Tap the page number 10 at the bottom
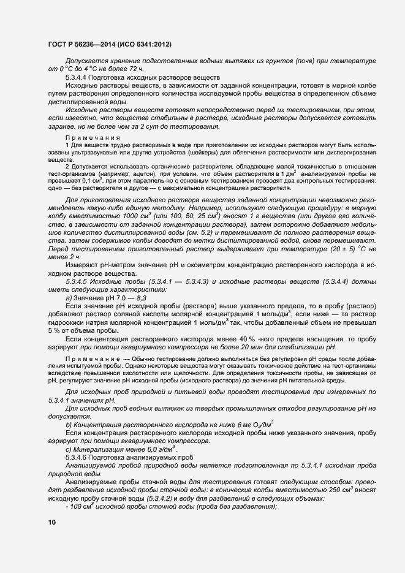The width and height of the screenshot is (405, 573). coord(51,522)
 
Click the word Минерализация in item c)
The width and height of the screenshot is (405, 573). coord(99,449)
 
